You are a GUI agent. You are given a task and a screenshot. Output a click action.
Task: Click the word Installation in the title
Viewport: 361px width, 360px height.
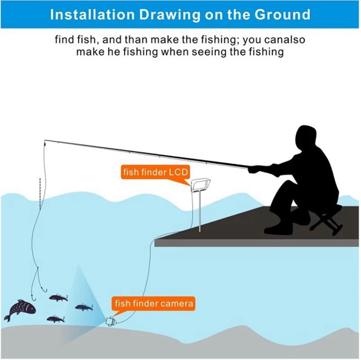92,14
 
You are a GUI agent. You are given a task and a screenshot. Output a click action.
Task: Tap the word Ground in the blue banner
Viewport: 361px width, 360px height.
282,14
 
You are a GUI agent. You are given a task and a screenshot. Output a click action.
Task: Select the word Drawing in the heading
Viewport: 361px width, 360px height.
170,15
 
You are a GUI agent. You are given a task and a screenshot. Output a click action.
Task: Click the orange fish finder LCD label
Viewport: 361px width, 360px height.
155,172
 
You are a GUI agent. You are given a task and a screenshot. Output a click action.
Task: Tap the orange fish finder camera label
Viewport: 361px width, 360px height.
154,303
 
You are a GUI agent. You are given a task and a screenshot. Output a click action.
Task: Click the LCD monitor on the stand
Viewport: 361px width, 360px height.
200,185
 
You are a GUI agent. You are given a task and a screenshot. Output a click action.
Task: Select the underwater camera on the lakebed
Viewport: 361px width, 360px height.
111,321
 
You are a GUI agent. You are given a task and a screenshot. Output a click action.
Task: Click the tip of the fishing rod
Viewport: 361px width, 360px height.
45,140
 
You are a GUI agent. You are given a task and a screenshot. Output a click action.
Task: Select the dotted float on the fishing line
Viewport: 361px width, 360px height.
40,194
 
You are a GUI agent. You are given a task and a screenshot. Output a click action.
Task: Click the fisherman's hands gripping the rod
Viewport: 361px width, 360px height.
255,169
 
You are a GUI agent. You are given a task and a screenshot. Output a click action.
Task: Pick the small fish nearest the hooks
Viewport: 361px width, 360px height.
58,298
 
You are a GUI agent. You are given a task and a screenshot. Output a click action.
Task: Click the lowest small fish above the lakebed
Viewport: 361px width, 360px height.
55,319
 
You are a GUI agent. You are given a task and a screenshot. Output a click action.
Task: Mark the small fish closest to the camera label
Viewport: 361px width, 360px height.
84,307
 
